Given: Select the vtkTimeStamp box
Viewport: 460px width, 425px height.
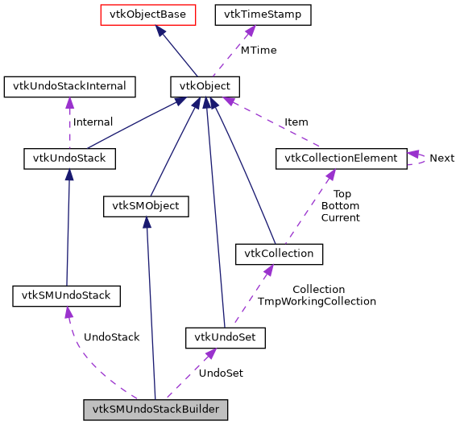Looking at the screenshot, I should coord(251,14).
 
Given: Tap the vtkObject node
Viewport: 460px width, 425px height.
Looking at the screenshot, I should coord(205,86).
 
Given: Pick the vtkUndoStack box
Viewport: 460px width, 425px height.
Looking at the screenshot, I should coord(69,159).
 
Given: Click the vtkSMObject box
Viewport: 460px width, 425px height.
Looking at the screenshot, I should coord(146,207).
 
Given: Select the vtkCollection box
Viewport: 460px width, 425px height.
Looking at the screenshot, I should coord(279,255).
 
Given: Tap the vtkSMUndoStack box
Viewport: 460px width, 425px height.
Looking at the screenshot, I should coord(66,296).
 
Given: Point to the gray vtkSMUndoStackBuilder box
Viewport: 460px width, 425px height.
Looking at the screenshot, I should coord(155,409).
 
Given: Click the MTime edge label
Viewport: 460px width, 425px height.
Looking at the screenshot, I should coord(259,50).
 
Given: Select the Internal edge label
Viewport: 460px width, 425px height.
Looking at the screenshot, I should coord(93,122).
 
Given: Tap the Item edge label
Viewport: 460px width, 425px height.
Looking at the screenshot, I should coord(296,122).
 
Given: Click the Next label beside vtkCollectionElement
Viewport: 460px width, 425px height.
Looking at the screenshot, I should coord(441,159).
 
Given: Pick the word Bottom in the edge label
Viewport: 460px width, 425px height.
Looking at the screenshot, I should coord(340,206).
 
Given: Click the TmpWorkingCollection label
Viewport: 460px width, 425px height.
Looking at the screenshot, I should coord(317,301).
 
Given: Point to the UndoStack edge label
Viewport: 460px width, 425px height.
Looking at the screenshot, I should coord(111,337).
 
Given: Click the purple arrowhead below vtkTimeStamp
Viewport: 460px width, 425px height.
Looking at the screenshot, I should coord(250,31).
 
